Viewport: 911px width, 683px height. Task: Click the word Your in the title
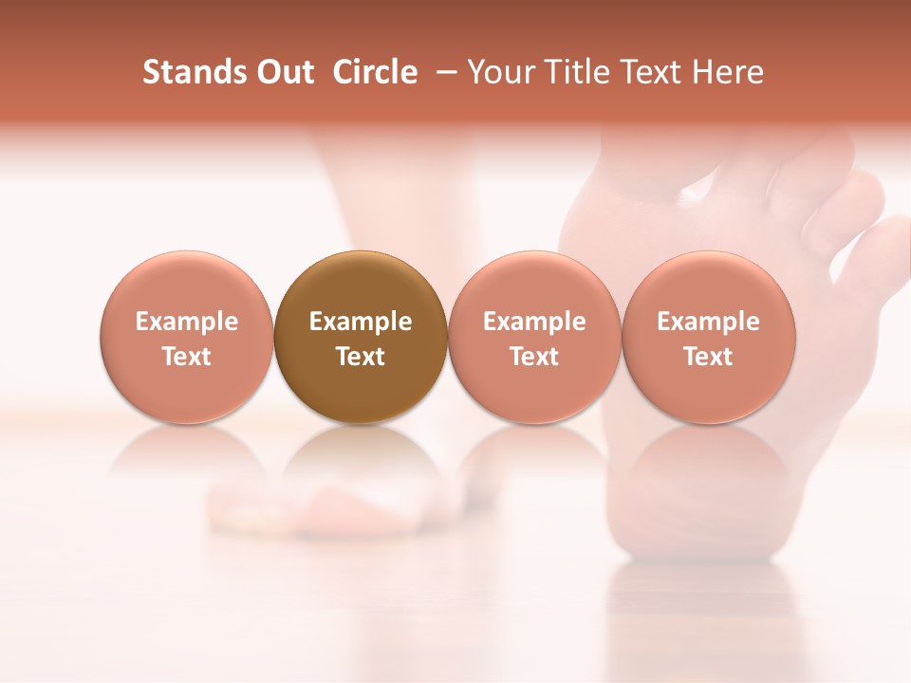498,72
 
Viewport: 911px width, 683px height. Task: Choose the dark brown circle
361,285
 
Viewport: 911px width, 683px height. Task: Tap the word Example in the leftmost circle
187,322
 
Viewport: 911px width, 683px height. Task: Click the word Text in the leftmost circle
187,357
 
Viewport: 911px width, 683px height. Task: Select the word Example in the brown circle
361,322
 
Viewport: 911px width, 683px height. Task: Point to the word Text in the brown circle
361,357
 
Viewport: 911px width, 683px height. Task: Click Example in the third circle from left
534,322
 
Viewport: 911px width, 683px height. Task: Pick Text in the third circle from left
534,357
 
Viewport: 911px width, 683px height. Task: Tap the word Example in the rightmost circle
709,322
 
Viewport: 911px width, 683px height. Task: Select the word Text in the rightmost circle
709,357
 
